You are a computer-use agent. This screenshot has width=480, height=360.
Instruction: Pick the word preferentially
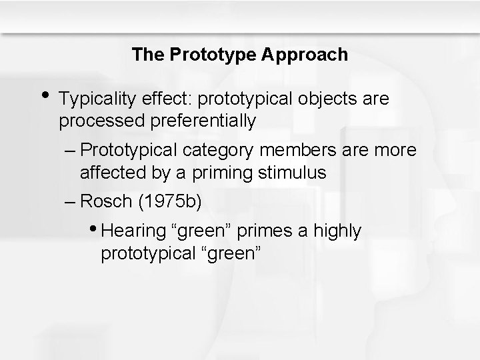pos(197,121)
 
